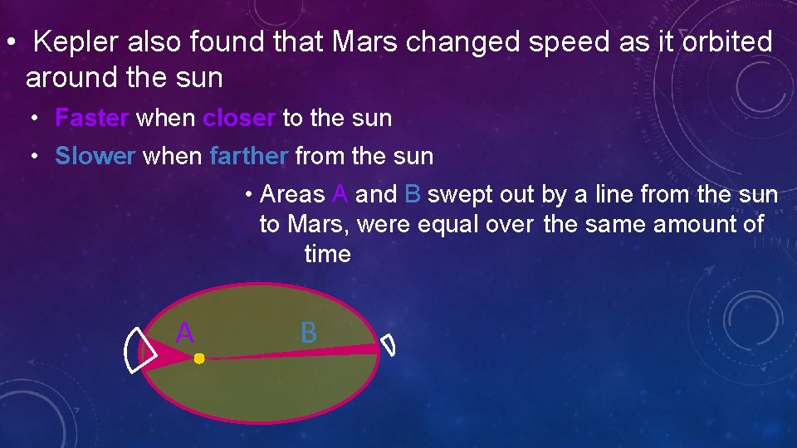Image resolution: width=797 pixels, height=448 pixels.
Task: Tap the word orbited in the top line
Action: [x=726, y=41]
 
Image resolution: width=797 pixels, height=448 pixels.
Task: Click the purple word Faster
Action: [x=91, y=118]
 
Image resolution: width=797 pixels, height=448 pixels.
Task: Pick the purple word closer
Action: [x=239, y=118]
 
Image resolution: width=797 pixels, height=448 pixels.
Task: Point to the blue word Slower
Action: [x=95, y=156]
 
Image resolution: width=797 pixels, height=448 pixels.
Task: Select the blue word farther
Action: [x=248, y=156]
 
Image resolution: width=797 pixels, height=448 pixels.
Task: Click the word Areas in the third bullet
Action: [x=292, y=195]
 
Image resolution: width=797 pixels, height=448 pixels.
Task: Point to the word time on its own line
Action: [x=328, y=254]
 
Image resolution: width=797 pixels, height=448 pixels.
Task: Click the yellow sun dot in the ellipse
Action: [x=199, y=358]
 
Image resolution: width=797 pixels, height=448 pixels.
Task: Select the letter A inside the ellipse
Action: [x=184, y=333]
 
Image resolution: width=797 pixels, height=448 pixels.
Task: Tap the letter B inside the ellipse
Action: [x=308, y=333]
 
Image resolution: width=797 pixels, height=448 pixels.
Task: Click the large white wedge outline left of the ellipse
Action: [x=135, y=350]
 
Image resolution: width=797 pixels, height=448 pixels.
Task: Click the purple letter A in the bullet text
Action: [x=339, y=195]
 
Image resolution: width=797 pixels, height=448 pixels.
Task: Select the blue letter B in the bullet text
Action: [x=413, y=195]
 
